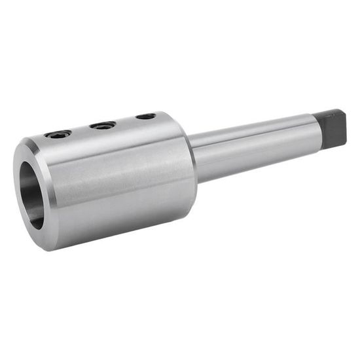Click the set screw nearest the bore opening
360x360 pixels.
[x=58, y=134]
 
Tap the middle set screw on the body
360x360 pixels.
[x=103, y=124]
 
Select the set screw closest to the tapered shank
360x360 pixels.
[x=146, y=117]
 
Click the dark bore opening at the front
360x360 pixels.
[x=31, y=193]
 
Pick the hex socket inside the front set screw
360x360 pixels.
[x=58, y=134]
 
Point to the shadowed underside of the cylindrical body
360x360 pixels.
[x=124, y=229]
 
